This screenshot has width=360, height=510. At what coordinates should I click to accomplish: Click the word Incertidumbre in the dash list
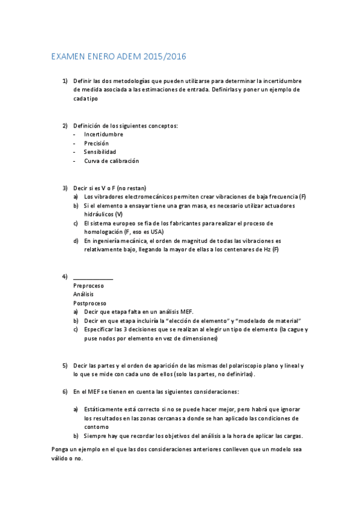coord(103,134)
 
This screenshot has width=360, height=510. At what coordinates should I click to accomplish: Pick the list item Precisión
coord(96,143)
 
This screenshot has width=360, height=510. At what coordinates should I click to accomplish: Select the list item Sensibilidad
coord(100,152)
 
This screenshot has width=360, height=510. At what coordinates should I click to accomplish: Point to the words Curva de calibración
coord(111,161)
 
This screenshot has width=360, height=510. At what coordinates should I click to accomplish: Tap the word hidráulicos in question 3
coord(99,214)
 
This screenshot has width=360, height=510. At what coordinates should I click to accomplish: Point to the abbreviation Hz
coord(267,250)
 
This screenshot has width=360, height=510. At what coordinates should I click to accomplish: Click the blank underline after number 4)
coord(93,277)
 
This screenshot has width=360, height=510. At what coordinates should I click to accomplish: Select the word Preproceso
coord(88,286)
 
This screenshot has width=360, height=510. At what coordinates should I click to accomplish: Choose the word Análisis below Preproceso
coord(84,294)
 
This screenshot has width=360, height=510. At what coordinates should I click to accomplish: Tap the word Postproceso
coord(90,303)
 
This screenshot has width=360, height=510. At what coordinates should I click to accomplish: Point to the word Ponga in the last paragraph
coord(62,450)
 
